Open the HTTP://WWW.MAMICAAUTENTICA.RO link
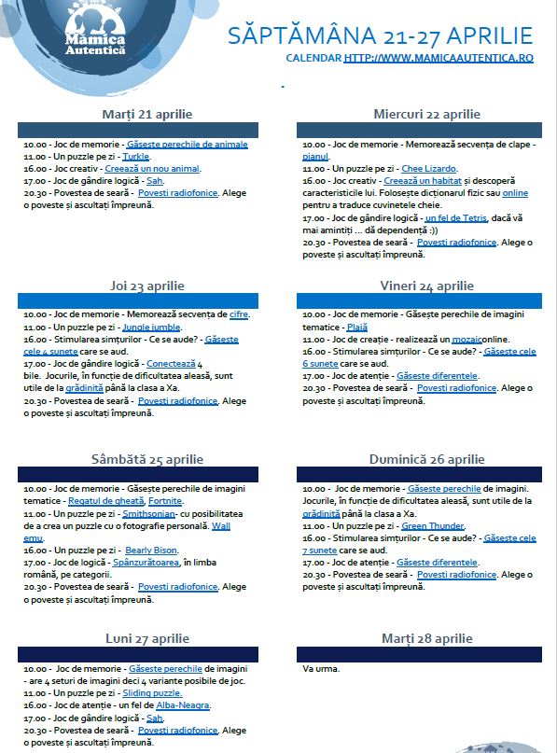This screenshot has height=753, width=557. tap(439, 58)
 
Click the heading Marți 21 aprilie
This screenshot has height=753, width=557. tap(147, 114)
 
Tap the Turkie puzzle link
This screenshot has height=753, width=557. tap(136, 157)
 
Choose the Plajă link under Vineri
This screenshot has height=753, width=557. tap(356, 328)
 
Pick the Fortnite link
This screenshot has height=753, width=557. tap(165, 501)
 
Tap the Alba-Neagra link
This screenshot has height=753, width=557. tap(184, 706)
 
